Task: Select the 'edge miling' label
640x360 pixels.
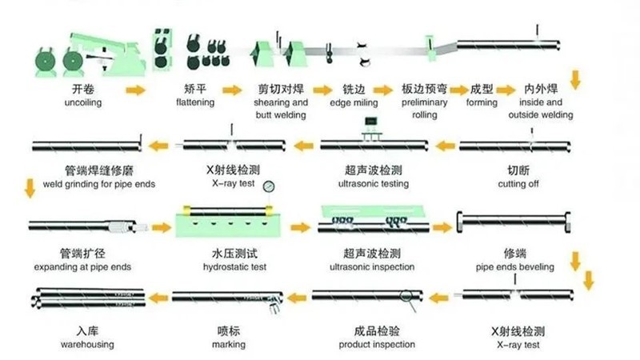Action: point(354,103)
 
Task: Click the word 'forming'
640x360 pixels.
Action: point(482,103)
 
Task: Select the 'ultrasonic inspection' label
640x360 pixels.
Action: point(370,266)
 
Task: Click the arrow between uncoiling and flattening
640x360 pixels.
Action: point(136,90)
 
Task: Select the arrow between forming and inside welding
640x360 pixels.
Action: point(506,90)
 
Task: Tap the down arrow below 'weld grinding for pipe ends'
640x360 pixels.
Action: point(30,190)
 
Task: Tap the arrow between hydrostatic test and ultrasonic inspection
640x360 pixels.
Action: point(300,228)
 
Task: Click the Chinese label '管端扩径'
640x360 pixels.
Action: point(82,253)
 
